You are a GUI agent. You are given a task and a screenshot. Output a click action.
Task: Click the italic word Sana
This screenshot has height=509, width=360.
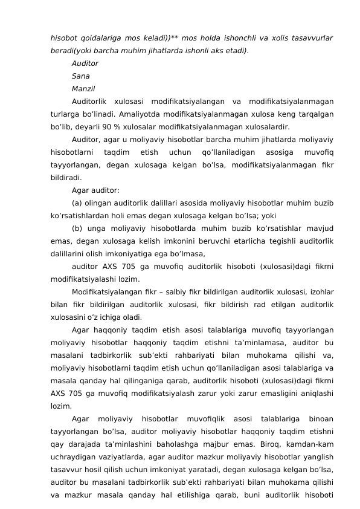(x=81, y=76)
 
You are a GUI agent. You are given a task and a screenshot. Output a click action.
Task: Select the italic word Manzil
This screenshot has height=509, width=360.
(x=83, y=89)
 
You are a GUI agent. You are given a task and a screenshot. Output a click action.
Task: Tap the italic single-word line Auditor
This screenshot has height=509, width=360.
(x=85, y=63)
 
